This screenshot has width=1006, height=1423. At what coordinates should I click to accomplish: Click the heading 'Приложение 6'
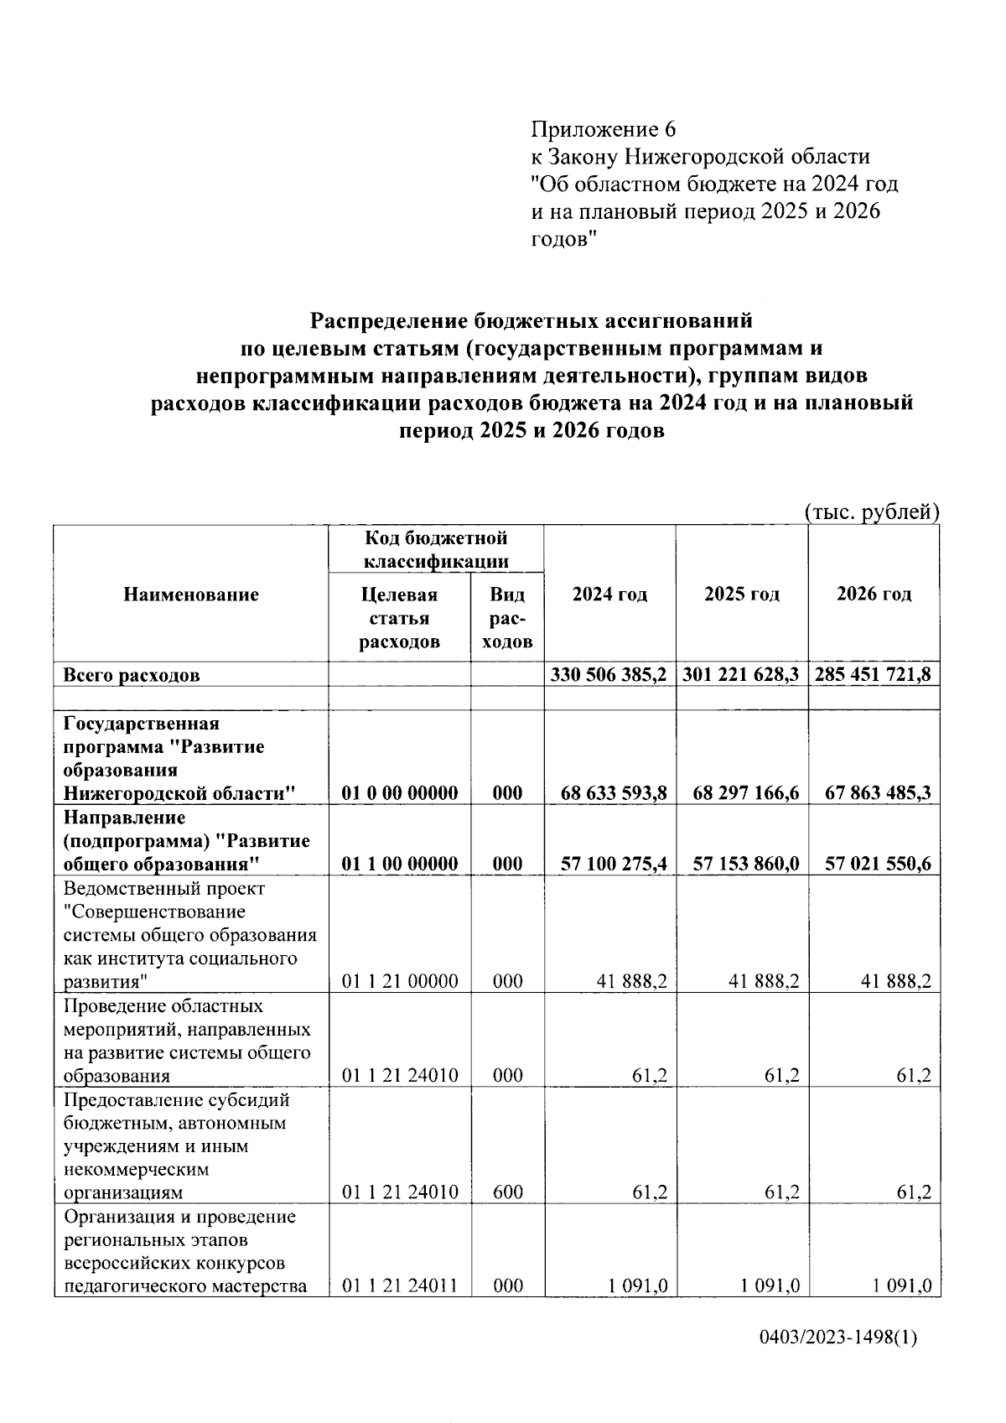click(x=603, y=130)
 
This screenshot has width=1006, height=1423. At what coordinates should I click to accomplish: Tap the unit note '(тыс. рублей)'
click(x=871, y=512)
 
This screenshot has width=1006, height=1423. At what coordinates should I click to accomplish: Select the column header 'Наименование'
click(x=191, y=595)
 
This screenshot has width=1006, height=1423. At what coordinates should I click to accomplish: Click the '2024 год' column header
click(x=609, y=594)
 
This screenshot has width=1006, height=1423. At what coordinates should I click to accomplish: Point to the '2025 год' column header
click(x=742, y=594)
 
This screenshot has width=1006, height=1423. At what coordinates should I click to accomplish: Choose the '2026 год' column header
click(x=874, y=594)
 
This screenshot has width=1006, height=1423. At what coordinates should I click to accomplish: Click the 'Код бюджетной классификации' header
click(x=436, y=548)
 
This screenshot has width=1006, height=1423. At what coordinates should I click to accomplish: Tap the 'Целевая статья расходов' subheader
click(x=399, y=618)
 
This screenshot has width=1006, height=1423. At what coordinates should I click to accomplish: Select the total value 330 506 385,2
click(x=609, y=674)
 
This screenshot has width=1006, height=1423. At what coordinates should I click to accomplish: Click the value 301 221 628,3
click(x=742, y=674)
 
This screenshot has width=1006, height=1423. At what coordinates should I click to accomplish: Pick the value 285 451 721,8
click(x=874, y=674)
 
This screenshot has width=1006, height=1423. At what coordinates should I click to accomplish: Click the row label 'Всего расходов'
click(x=132, y=675)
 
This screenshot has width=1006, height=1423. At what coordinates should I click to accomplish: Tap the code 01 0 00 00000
click(x=400, y=792)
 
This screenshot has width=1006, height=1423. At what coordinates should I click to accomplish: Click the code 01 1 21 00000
click(x=400, y=981)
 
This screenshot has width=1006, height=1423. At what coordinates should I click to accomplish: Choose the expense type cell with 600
click(x=507, y=1192)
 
